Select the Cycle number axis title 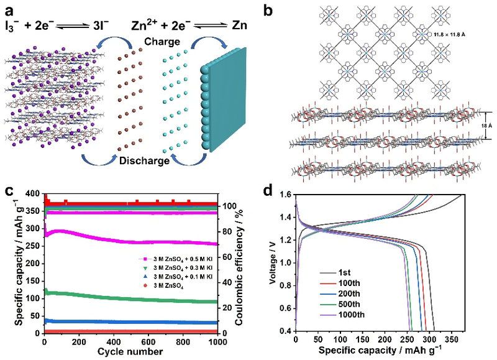[x=132, y=352]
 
